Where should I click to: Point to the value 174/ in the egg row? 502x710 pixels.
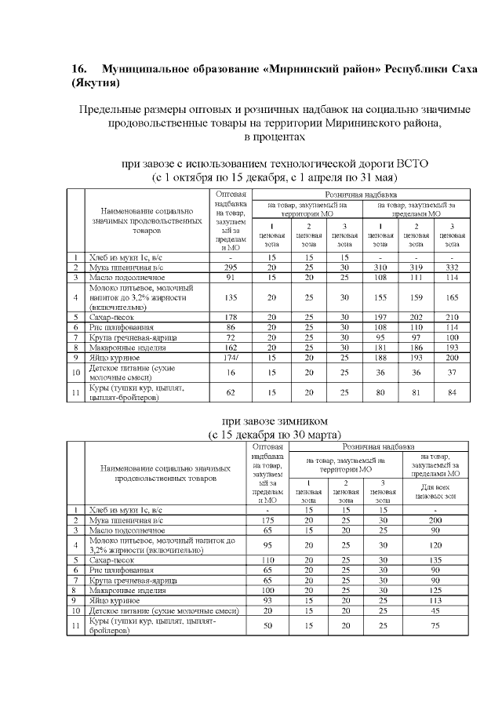pos(231,358)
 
